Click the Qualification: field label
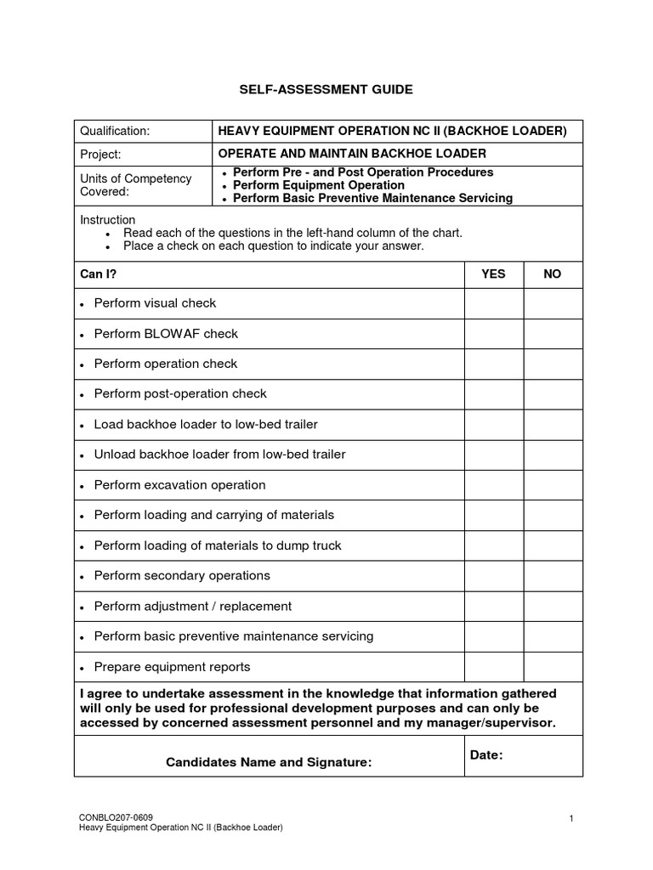tap(115, 131)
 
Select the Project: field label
tap(100, 154)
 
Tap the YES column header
tap(493, 274)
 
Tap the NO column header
tap(553, 274)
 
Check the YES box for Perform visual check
tap(493, 303)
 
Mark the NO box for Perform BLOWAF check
tap(553, 334)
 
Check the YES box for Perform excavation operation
tap(493, 485)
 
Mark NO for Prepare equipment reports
tap(553, 667)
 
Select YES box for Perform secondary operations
tap(493, 576)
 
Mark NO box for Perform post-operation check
tap(553, 394)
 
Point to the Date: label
tap(486, 754)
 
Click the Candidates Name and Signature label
tap(269, 762)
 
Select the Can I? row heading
tap(98, 274)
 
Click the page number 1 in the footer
tap(572, 817)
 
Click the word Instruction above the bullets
tap(108, 220)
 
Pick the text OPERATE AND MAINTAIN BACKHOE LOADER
tap(352, 154)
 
